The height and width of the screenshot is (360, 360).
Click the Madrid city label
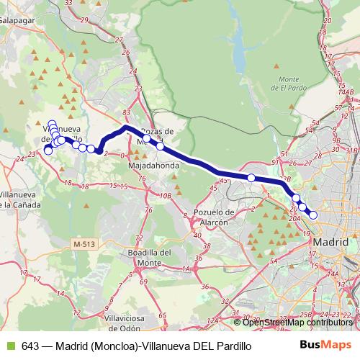pyautogui.click(x=332, y=243)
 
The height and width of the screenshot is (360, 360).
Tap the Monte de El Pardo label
pyautogui.click(x=289, y=83)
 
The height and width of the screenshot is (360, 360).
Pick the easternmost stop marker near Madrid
pyautogui.click(x=313, y=215)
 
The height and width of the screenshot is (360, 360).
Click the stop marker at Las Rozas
pyautogui.click(x=160, y=146)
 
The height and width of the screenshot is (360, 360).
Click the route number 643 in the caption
pyautogui.click(x=30, y=346)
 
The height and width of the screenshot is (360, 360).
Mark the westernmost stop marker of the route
pyautogui.click(x=48, y=150)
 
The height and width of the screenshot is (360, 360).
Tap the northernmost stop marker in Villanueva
pyautogui.click(x=52, y=124)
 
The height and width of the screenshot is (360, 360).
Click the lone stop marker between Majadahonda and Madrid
pyautogui.click(x=251, y=178)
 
